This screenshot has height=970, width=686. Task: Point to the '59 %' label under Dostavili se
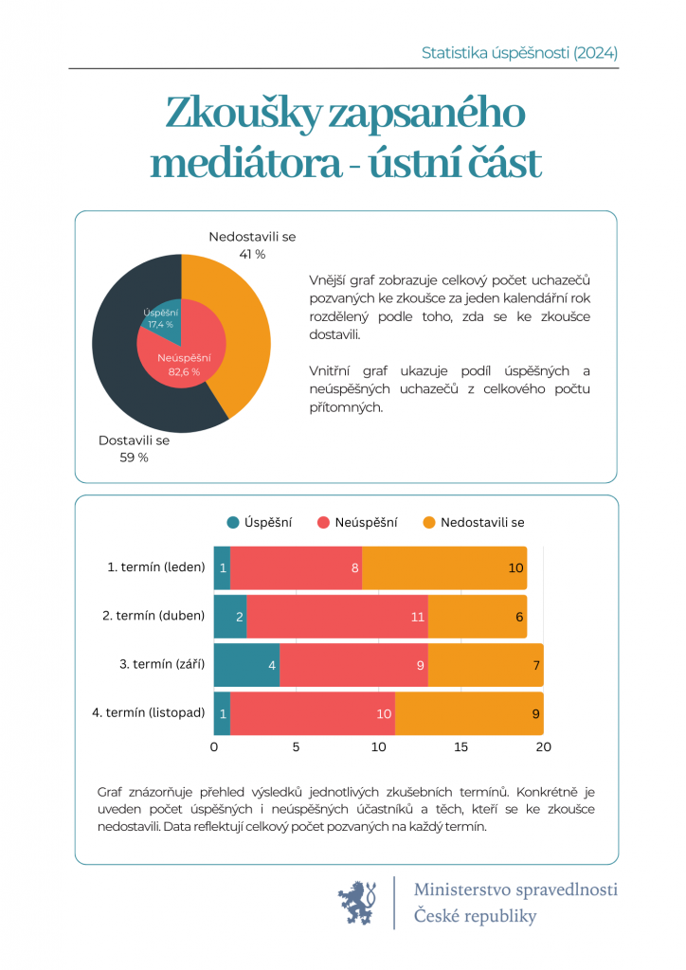pos(135,458)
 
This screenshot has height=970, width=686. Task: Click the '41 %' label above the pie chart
pos(252,254)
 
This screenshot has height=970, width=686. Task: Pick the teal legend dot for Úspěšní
pos(233,522)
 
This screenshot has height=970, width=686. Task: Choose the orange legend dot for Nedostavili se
pos(429,522)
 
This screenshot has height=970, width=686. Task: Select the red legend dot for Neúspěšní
pos(323,522)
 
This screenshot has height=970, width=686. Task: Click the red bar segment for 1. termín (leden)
pos(296,568)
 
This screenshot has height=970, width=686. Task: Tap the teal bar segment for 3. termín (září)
pos(246,665)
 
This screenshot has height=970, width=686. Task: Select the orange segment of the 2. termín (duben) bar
pos(478,617)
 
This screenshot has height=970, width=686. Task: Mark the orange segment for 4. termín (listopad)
pos(469,713)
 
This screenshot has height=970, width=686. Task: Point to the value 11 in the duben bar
pos(417,617)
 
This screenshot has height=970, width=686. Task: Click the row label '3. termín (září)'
pos(162,664)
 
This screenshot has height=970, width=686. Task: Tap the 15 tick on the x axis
pos(461,747)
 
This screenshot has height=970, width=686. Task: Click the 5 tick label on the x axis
pos(297,747)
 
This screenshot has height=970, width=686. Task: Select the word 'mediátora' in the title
pos(244,163)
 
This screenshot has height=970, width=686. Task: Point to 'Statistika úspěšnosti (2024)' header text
pos(519,53)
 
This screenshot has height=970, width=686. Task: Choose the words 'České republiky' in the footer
pos(475,916)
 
